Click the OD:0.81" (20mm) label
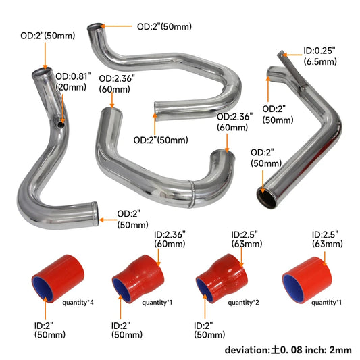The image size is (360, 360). point(72,81)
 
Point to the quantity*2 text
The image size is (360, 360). point(243,303)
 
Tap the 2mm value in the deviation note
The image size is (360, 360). point(341,350)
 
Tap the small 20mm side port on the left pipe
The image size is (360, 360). point(61,124)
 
